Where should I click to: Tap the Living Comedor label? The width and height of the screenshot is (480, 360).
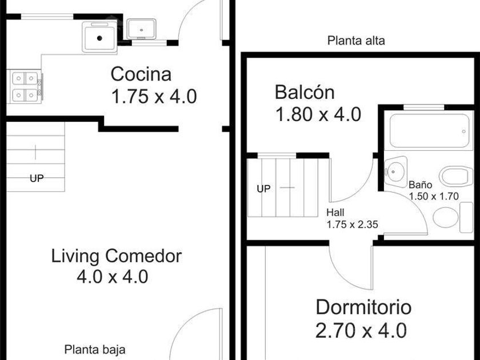(117, 256)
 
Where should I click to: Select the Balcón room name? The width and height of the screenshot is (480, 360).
(305, 92)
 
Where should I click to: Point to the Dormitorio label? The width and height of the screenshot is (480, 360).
(363, 307)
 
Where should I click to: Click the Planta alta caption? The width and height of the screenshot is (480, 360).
(356, 41)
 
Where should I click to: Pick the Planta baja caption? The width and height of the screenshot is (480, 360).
(95, 350)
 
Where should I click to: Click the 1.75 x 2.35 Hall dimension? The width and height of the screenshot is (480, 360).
(352, 225)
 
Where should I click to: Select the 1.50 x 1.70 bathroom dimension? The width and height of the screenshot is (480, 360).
(434, 196)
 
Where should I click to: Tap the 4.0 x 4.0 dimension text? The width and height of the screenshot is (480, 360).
(113, 277)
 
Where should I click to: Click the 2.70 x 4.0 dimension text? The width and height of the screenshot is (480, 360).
(361, 331)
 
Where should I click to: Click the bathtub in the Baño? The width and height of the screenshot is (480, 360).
(429, 131)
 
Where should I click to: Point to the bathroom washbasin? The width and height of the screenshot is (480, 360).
(395, 171)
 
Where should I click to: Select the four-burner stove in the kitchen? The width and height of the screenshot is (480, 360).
(25, 87)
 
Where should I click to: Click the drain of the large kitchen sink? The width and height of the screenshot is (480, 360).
(99, 38)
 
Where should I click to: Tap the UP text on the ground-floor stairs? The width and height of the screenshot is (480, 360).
(37, 178)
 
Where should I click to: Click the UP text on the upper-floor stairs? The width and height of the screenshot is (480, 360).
(263, 189)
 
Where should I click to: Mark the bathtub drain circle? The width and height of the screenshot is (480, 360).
(464, 131)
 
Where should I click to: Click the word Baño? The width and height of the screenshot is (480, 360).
(421, 185)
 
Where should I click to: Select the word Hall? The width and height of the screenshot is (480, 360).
(335, 213)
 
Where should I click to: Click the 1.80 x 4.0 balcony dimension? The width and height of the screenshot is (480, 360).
(318, 115)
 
